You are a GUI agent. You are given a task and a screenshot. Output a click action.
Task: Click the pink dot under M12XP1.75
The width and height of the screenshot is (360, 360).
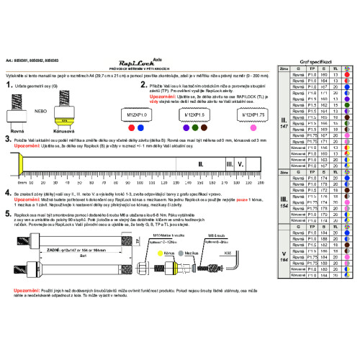254,127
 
